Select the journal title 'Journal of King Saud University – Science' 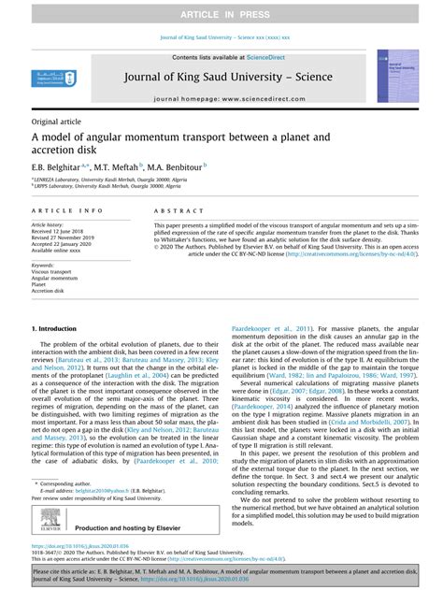pyautogui.click(x=221, y=78)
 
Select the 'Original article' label pyautogui.click(x=56, y=122)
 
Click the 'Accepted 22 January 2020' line pyautogui.click(x=64, y=244)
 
